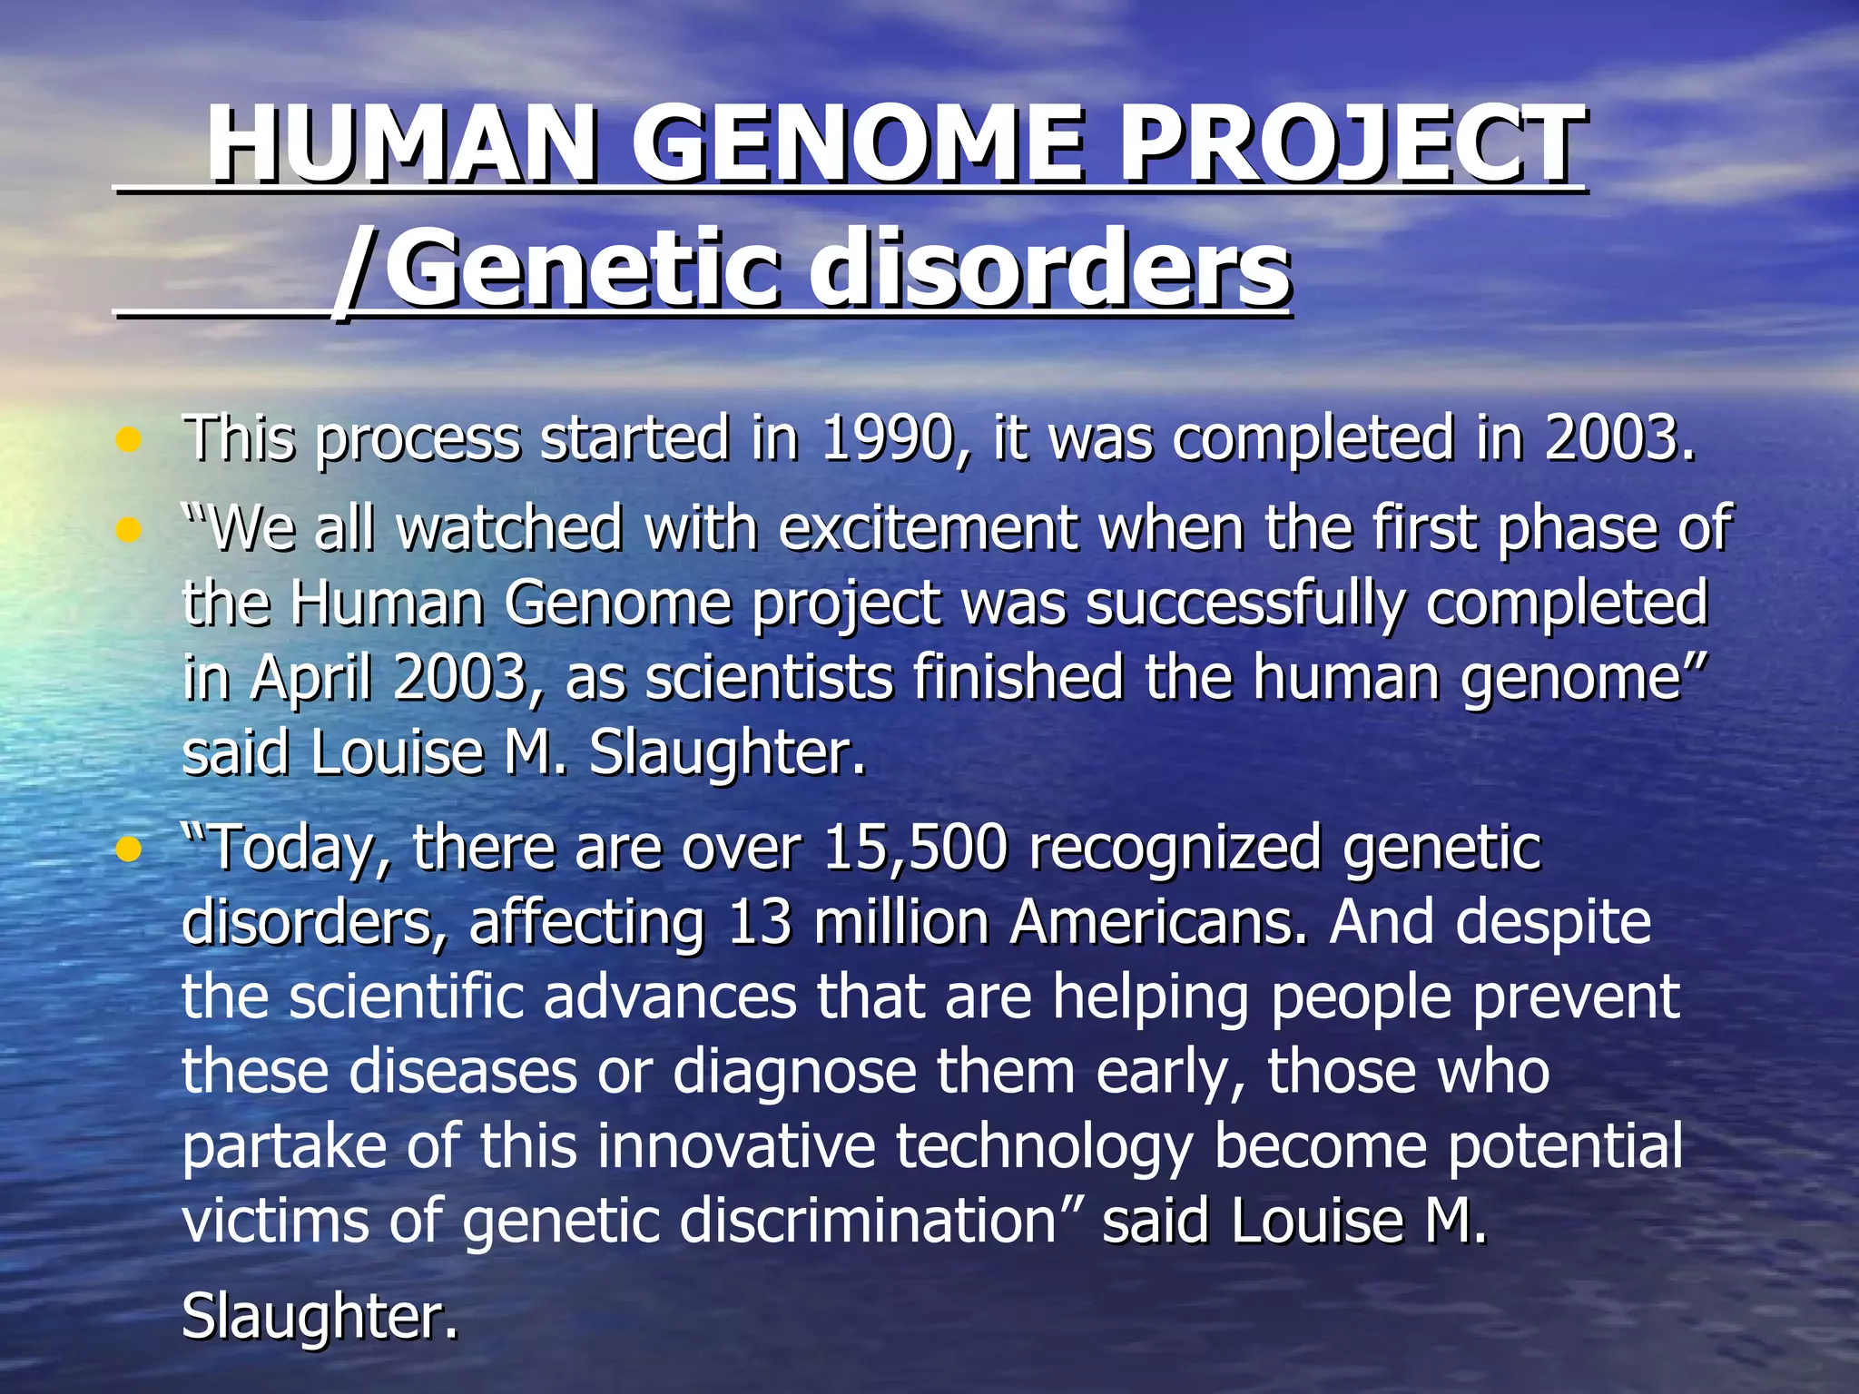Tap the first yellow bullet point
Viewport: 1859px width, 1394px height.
click(x=129, y=441)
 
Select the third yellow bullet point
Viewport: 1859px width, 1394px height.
click(x=129, y=850)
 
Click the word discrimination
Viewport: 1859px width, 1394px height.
click(x=867, y=1221)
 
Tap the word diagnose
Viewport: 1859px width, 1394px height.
click(x=794, y=1072)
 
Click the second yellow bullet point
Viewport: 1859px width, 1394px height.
click(x=129, y=530)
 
